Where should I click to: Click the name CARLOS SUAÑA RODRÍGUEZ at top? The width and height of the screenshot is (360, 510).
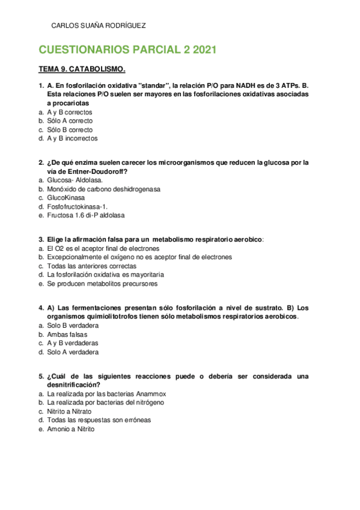[x=99, y=26]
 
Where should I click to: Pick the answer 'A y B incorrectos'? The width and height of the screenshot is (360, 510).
[x=72, y=138]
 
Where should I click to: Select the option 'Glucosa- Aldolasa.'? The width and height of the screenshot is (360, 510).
[x=75, y=180]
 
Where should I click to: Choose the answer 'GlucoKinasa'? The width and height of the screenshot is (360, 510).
[x=66, y=197]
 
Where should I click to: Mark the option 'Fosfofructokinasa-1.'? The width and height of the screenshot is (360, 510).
[x=77, y=206]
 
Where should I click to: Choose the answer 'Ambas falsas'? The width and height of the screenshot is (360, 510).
[x=67, y=334]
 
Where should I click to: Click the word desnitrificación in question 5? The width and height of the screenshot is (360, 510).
[x=73, y=385]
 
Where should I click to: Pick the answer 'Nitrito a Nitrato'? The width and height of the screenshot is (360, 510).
[x=69, y=411]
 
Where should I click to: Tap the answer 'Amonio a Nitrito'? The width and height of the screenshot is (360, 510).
[x=70, y=429]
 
